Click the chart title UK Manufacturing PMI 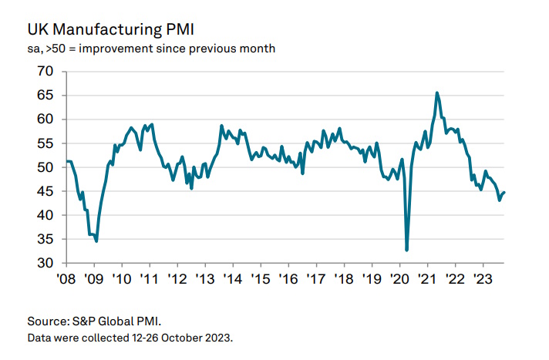click(x=110, y=30)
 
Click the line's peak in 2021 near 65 click(x=437, y=93)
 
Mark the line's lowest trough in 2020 click(x=406, y=250)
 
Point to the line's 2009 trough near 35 click(x=96, y=241)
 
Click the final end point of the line click(x=505, y=192)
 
